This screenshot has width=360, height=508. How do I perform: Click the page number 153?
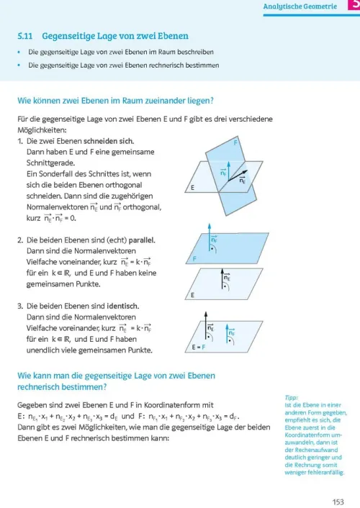[x=338, y=502]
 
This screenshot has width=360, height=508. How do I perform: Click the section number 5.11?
[x=25, y=36]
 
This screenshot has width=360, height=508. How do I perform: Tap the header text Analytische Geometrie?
[x=300, y=6]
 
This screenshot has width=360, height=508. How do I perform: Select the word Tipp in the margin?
[x=292, y=397]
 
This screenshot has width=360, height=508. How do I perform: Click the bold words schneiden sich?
[x=109, y=141]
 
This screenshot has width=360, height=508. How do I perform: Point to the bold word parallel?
[x=142, y=240]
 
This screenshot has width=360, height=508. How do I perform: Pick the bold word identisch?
[x=123, y=306]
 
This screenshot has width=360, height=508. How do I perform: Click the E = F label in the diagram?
[x=199, y=347]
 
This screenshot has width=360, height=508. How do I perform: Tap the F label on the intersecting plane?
[x=235, y=142]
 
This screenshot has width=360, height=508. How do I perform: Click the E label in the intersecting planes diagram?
[x=193, y=188]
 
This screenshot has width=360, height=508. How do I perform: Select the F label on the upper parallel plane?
[x=194, y=258]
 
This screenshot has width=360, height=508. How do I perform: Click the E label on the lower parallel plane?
[x=193, y=295]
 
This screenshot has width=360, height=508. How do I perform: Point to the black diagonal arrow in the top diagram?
[x=238, y=176]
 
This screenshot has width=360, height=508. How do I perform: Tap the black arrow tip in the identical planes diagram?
[x=206, y=312]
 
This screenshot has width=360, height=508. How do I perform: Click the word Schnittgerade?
[x=50, y=163]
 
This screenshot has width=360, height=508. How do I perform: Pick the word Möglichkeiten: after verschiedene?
[x=42, y=130]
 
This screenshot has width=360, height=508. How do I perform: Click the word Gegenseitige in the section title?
[x=68, y=36]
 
